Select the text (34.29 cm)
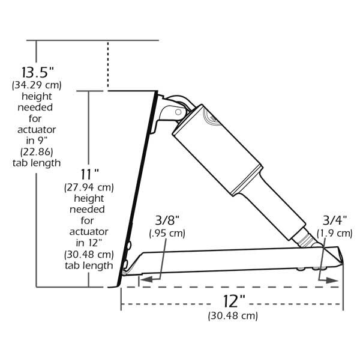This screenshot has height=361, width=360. coord(37,86)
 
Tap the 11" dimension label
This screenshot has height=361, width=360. coord(89,174)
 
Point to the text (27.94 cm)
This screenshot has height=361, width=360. coord(89,187)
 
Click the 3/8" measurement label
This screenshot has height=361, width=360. coord(167,220)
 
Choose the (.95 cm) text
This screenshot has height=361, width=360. coord(167,232)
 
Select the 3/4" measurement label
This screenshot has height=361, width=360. coord(335,220)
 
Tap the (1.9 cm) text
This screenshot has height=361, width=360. coord(335,232)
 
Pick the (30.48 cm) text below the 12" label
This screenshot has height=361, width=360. coord(233,315)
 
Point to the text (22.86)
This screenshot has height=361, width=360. coord(37,151)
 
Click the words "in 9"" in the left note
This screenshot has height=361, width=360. coord(37,140)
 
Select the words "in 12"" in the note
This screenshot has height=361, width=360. coord(89,243)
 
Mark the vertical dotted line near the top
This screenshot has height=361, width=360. coord(108,65)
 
